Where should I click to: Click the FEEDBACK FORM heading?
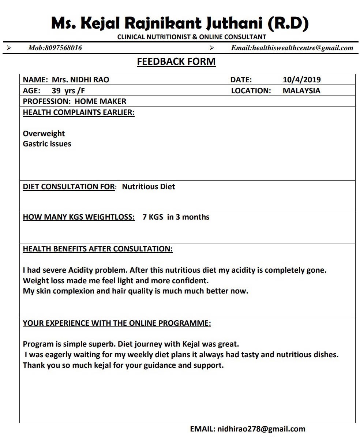click(x=176, y=61)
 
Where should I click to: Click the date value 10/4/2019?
click(x=301, y=80)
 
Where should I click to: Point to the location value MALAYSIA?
click(x=301, y=91)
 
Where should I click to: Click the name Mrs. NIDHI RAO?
click(x=80, y=80)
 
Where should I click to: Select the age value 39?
click(x=56, y=91)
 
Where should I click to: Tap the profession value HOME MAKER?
click(x=101, y=101)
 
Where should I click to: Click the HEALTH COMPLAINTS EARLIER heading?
click(x=79, y=112)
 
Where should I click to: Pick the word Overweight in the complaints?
click(x=44, y=134)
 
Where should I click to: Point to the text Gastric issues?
click(x=47, y=144)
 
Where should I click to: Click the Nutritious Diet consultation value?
click(x=149, y=187)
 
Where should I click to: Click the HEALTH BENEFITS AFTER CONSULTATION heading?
click(x=98, y=249)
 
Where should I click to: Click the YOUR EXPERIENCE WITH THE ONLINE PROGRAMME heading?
click(x=117, y=323)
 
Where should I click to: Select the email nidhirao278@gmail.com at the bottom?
click(x=261, y=429)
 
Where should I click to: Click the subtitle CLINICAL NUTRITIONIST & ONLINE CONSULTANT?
click(x=192, y=37)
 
